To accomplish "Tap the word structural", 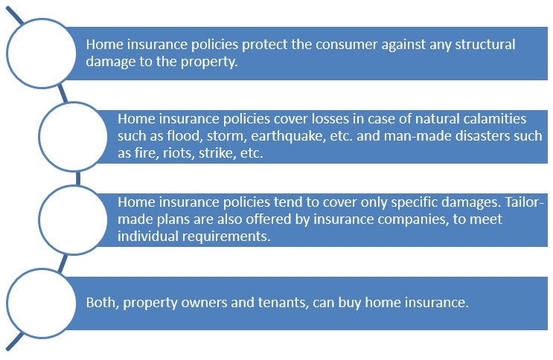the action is (x=485, y=45).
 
